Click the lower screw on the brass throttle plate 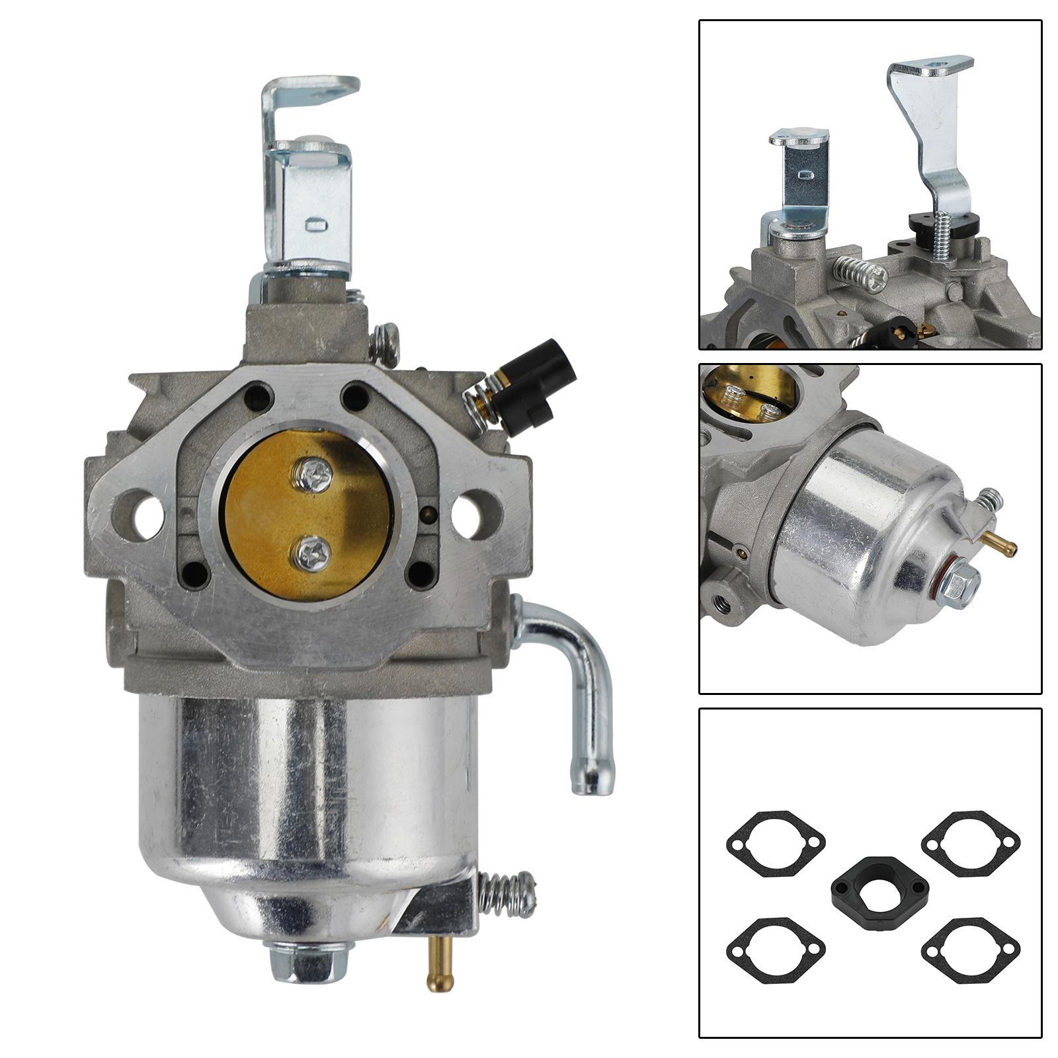click(313, 551)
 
